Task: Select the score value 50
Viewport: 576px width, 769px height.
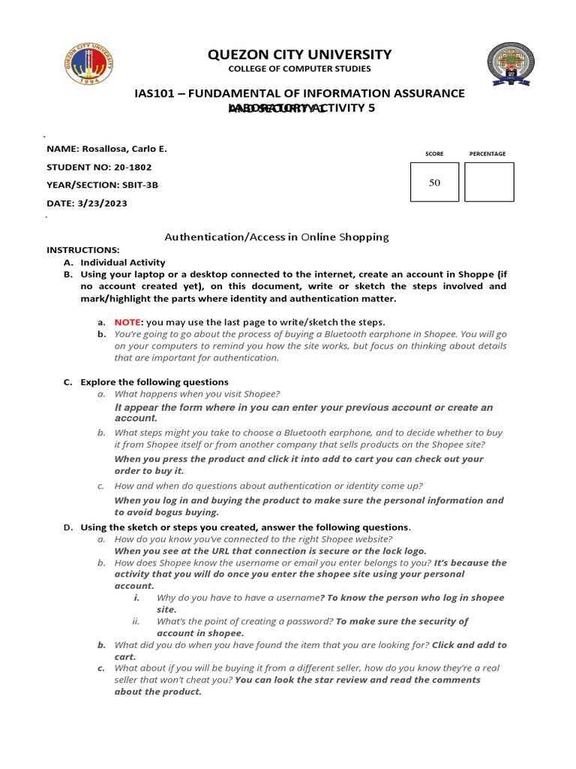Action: (x=434, y=182)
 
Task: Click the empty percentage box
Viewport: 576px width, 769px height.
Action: (x=489, y=182)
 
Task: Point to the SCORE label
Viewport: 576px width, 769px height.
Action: (x=434, y=154)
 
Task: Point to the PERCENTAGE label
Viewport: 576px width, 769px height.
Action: (x=487, y=154)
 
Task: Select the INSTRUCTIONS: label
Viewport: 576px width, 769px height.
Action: (x=82, y=249)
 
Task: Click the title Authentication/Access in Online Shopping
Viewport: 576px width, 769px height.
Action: (x=277, y=237)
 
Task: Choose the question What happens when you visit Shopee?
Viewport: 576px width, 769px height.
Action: (x=197, y=394)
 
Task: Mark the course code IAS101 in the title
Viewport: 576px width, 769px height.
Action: (x=155, y=93)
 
